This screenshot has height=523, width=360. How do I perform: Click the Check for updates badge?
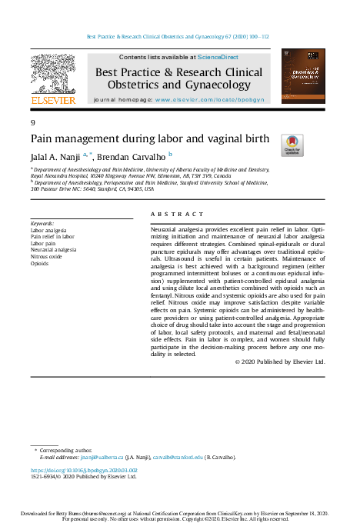point(293,145)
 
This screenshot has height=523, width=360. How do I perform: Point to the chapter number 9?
point(33,123)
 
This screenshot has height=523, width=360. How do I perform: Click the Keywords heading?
point(42,224)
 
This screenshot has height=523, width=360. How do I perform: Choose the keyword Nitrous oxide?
point(47,256)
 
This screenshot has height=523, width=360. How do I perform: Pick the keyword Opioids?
point(39,263)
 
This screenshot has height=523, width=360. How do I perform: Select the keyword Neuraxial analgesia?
point(53,250)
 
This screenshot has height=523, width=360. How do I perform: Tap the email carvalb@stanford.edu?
point(178,456)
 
